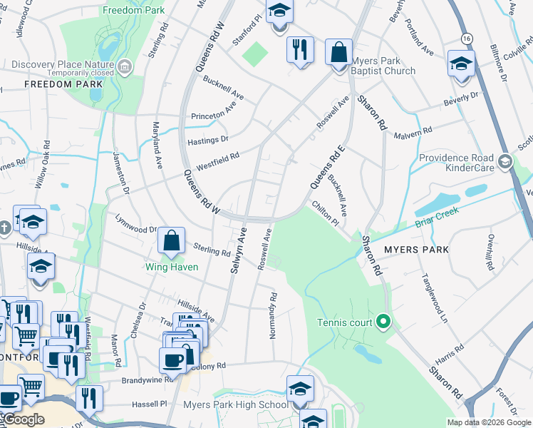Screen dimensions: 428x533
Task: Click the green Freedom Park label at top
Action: click(x=133, y=10)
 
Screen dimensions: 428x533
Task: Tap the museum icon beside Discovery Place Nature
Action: click(x=125, y=67)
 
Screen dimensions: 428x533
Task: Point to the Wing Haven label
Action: click(x=172, y=267)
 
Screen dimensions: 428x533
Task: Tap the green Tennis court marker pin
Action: click(x=383, y=322)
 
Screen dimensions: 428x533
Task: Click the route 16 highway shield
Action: click(x=467, y=37)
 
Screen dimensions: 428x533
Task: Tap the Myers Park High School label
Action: click(x=236, y=405)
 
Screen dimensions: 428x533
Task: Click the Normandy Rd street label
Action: click(x=273, y=315)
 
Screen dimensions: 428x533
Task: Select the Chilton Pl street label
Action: click(x=325, y=213)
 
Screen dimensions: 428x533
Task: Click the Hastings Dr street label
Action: click(x=207, y=141)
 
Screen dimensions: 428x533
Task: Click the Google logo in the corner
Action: click(x=24, y=419)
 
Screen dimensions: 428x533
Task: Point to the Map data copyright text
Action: click(x=489, y=422)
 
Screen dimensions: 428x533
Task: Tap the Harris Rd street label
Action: click(x=450, y=350)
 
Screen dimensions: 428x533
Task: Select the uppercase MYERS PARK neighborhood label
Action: click(x=417, y=250)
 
